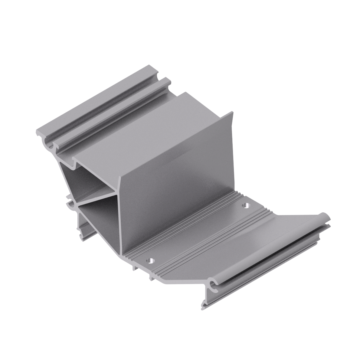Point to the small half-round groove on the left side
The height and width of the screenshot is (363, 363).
point(70,206)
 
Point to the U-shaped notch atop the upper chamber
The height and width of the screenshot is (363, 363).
point(73,165)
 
